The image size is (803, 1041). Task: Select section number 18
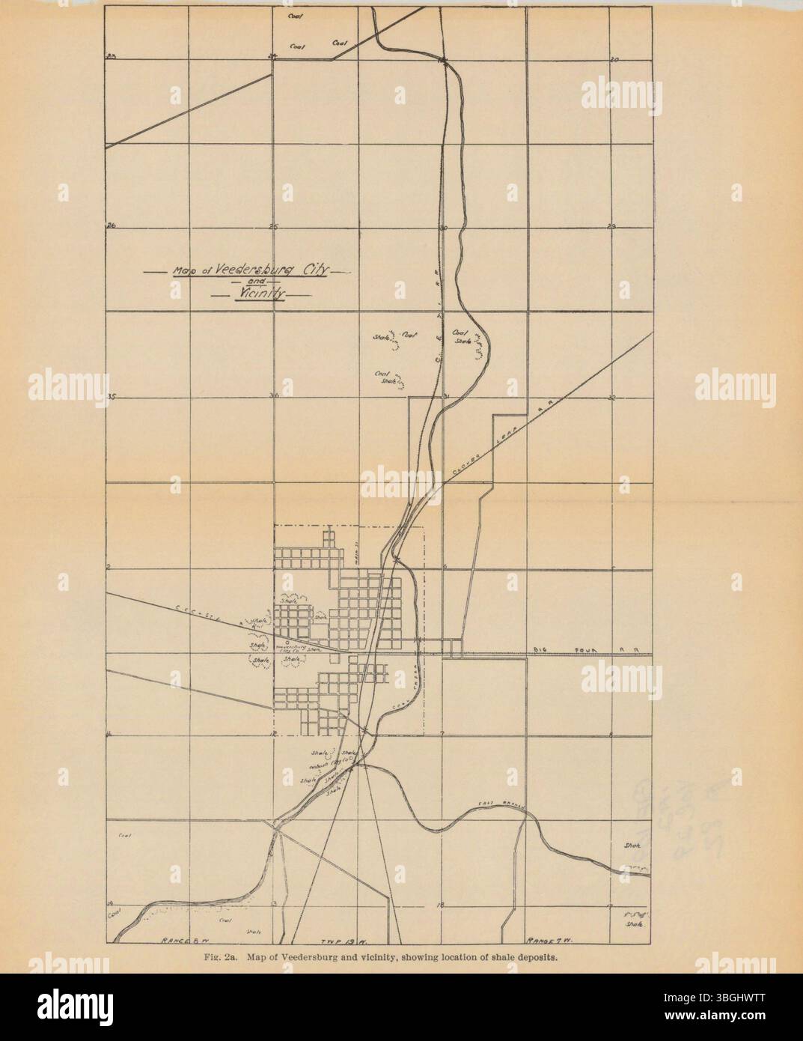coord(441,905)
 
